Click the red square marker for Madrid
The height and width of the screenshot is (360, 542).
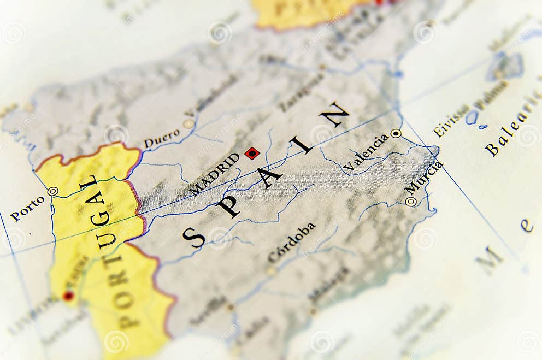[252, 153]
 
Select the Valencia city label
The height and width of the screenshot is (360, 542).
[366, 152]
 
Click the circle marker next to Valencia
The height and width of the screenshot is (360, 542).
[396, 133]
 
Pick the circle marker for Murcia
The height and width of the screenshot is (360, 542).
[411, 202]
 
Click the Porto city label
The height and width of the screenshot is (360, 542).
[27, 208]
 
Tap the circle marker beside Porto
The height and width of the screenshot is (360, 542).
[52, 191]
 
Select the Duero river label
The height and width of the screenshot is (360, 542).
[162, 138]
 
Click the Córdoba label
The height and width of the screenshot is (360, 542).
[292, 243]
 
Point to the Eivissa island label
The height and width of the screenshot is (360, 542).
[451, 120]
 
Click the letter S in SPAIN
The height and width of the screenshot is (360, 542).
[193, 238]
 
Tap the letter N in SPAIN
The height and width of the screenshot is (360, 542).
[334, 114]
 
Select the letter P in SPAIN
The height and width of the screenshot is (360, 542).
[228, 206]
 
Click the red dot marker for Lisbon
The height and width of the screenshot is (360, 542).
[68, 296]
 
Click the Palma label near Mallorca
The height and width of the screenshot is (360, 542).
[491, 95]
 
